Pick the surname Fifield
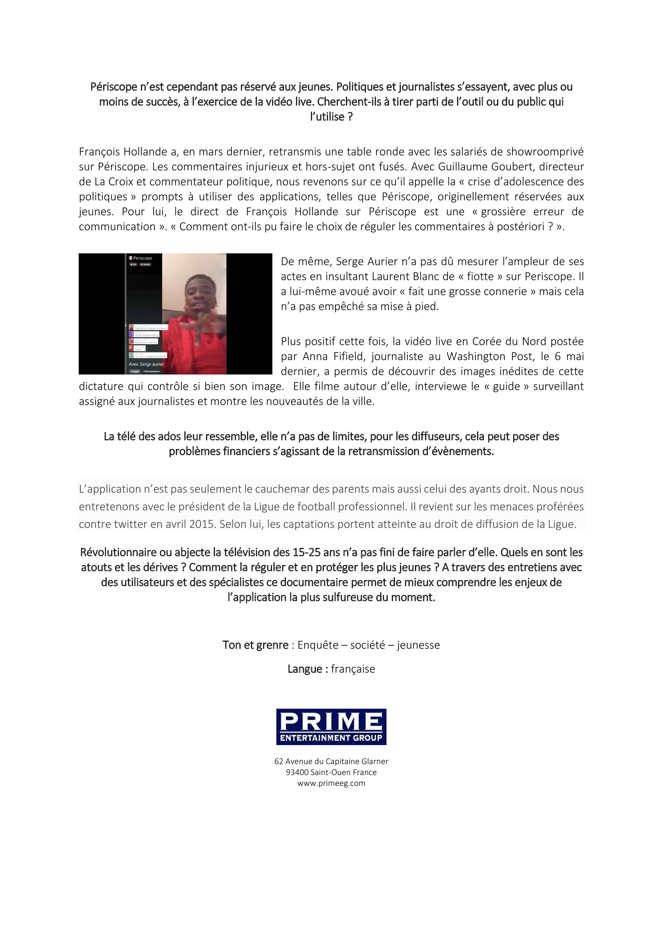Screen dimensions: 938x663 344,357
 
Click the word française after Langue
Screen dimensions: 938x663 353,669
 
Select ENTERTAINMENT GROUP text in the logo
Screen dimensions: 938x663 331,738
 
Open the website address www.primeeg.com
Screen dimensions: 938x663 331,783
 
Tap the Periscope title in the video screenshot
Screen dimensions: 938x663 143,258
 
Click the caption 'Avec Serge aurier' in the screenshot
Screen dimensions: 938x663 146,364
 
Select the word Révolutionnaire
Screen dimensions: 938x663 119,552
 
